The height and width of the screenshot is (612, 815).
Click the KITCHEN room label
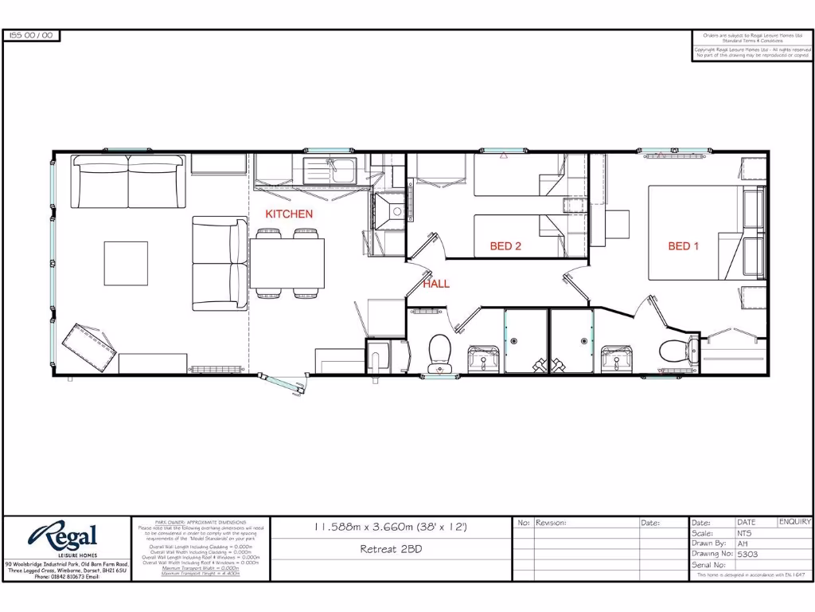pyautogui.click(x=289, y=214)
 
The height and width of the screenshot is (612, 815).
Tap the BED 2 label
pyautogui.click(x=505, y=246)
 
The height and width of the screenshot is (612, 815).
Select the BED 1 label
pyautogui.click(x=683, y=246)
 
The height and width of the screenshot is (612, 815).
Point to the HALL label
pyautogui.click(x=436, y=284)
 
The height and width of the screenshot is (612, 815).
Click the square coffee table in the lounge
pyautogui.click(x=126, y=263)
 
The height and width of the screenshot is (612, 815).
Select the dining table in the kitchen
pyautogui.click(x=287, y=263)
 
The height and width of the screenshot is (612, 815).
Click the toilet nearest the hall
pyautogui.click(x=439, y=351)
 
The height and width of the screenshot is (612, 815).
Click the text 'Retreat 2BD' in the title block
pyautogui.click(x=391, y=549)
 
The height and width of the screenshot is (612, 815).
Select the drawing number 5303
pyautogui.click(x=748, y=554)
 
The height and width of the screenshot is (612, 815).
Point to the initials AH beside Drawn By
pyautogui.click(x=743, y=543)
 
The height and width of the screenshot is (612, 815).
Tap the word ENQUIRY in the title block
pyautogui.click(x=794, y=523)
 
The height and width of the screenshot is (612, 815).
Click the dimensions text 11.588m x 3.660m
pyautogui.click(x=390, y=527)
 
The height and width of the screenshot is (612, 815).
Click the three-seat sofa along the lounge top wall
pyautogui.click(x=129, y=171)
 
